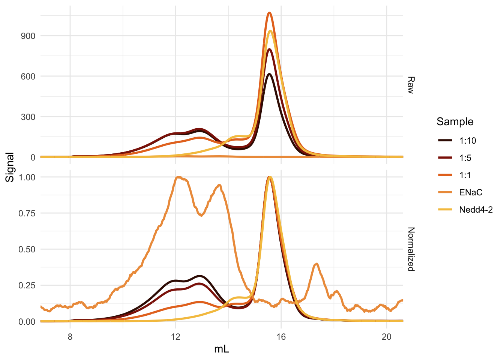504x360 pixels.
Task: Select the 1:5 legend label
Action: pos(465,158)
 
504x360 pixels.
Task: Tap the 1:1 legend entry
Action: pos(465,175)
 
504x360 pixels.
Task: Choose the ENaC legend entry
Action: pos(471,192)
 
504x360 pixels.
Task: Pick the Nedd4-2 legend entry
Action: pos(475,210)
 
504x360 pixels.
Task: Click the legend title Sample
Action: pos(455,121)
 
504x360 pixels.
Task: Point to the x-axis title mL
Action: pos(222,349)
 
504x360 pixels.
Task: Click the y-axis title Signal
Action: pos(10,167)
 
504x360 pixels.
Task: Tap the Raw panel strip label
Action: pos(411,85)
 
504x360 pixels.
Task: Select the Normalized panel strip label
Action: pos(411,249)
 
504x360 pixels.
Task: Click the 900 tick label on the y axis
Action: pos(28,36)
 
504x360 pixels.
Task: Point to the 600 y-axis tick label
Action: pos(28,76)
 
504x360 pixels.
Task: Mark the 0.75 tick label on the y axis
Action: pos(27,213)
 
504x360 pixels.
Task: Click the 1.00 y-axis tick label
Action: pos(27,177)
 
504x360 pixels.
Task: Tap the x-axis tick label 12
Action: pos(175,336)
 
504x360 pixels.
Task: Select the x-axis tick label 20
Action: pos(387,336)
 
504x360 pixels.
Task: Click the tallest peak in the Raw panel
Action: pos(269,13)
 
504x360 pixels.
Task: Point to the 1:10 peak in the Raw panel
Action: pos(269,74)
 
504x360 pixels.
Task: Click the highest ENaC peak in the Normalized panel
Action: pos(178,177)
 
